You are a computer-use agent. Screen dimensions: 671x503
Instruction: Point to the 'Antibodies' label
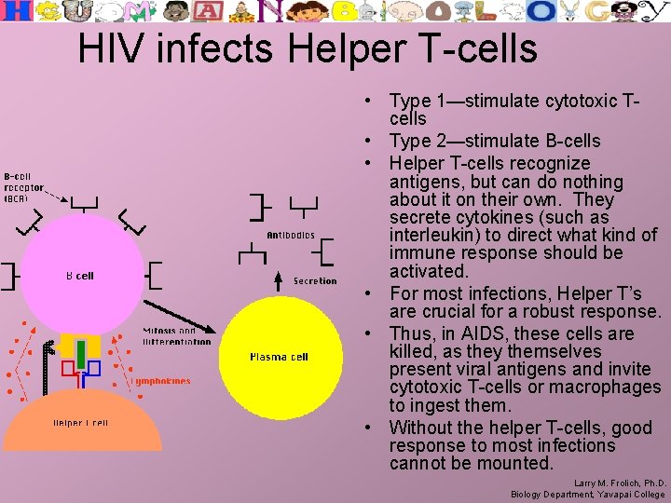[291, 236]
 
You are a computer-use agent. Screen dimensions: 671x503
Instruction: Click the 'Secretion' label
[315, 281]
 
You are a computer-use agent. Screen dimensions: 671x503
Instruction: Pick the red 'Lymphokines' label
[160, 381]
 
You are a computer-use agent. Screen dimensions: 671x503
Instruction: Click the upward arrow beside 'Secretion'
[277, 280]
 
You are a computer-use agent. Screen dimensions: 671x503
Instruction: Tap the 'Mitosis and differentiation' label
[176, 335]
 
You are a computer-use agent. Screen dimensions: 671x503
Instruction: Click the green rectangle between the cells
[81, 354]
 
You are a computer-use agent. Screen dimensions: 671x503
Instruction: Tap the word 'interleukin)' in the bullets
[439, 235]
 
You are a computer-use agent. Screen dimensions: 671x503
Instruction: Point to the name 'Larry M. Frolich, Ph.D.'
[619, 483]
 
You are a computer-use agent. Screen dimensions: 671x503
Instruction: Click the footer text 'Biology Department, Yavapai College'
[588, 495]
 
